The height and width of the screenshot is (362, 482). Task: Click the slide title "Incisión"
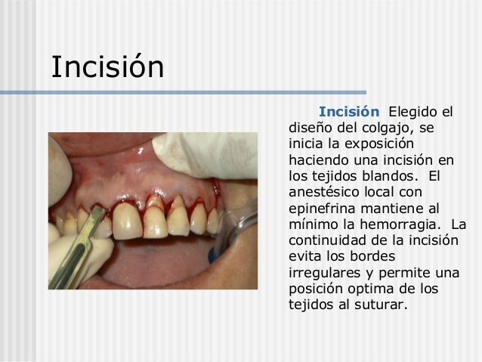[x=107, y=67]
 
